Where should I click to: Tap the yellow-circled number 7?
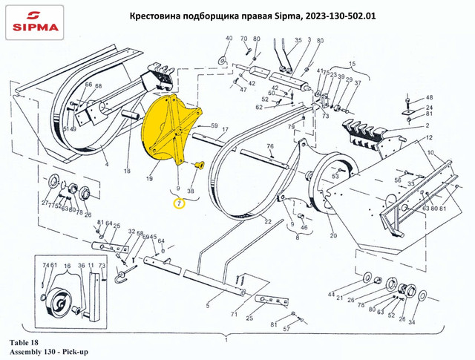point(178,203)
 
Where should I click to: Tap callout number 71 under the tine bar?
point(233,315)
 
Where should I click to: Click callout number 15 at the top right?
point(353,65)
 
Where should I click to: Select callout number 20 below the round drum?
point(332,235)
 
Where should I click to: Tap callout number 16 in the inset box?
point(68,266)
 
